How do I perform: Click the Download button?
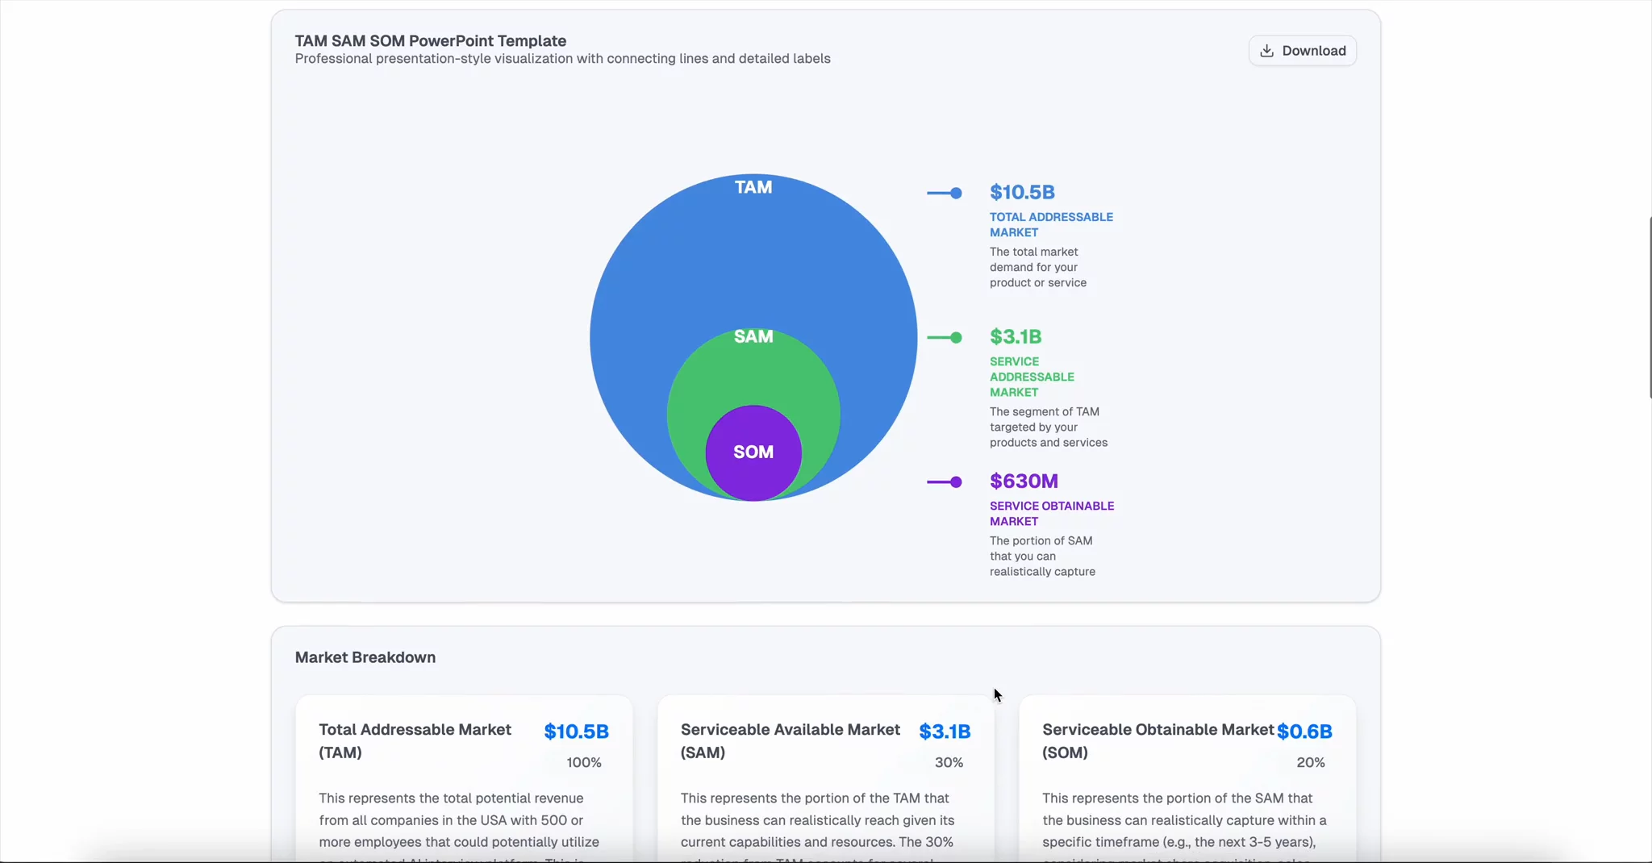pos(1302,51)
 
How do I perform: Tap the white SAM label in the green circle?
pos(753,336)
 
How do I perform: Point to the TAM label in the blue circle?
pos(753,187)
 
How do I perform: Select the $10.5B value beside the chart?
pos(1022,192)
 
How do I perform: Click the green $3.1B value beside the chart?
pos(1016,336)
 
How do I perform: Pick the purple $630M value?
pos(1024,481)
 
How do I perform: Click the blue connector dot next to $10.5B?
pos(956,193)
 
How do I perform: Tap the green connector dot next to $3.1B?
pos(956,337)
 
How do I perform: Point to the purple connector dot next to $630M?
pos(956,482)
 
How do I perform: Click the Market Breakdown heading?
pos(365,657)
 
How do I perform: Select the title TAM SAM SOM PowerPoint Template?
pos(431,41)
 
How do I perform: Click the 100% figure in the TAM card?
pos(584,762)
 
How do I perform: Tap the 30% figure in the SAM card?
pos(949,762)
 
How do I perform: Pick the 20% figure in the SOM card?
pos(1310,762)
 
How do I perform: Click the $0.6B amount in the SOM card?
pos(1304,732)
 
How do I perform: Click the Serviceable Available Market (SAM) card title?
pos(790,740)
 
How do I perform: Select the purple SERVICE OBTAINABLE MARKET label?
pos(1052,513)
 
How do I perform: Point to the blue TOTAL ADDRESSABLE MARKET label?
pos(1051,224)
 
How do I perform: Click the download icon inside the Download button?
pos(1267,51)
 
